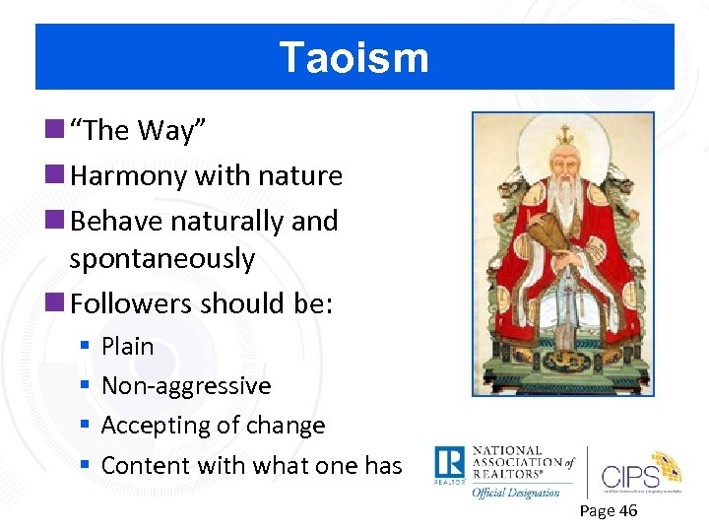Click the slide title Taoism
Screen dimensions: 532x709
pos(354,57)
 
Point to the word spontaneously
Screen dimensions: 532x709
pos(161,259)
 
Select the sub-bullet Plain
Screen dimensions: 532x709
pos(127,347)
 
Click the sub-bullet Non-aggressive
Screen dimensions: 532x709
pos(185,386)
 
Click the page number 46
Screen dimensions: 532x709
pos(627,510)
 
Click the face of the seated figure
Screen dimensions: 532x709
pos(563,162)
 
